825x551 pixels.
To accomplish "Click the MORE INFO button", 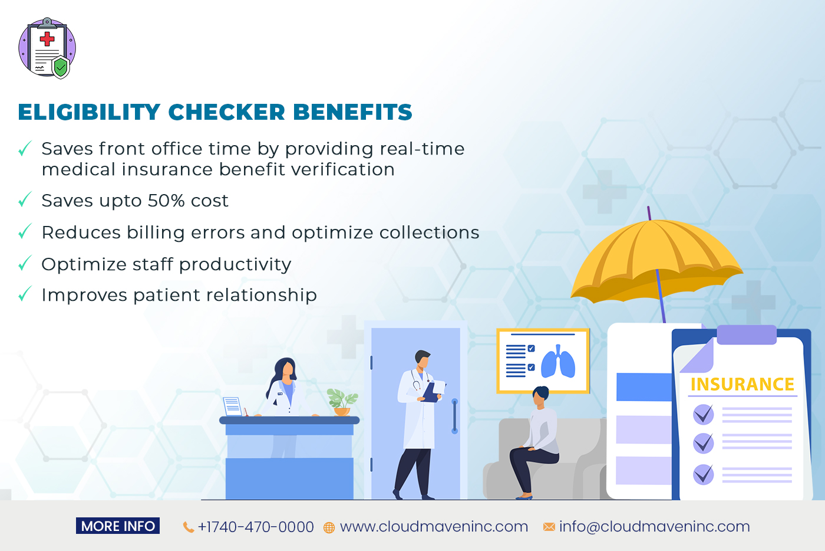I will [x=118, y=526].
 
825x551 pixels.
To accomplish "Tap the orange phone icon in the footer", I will [x=189, y=527].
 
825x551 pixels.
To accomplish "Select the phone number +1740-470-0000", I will [x=256, y=527].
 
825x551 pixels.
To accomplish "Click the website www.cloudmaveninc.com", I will [x=434, y=526].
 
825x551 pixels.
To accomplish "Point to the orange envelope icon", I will [x=549, y=527].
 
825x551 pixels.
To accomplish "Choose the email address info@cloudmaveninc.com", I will [x=654, y=526].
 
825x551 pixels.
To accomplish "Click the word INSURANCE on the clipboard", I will [x=742, y=385].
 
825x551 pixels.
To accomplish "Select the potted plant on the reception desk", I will [x=342, y=402].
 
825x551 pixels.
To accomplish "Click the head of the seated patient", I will [x=540, y=396].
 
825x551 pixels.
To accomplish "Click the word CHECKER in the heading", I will [x=227, y=112].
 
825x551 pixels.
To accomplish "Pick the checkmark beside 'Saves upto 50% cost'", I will [x=25, y=201].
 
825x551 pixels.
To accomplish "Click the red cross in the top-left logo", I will [x=47, y=40].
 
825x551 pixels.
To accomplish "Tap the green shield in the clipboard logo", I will [x=61, y=67].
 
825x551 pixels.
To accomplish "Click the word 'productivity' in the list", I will [x=235, y=265].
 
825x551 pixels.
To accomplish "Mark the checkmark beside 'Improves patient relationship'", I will [x=25, y=294].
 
